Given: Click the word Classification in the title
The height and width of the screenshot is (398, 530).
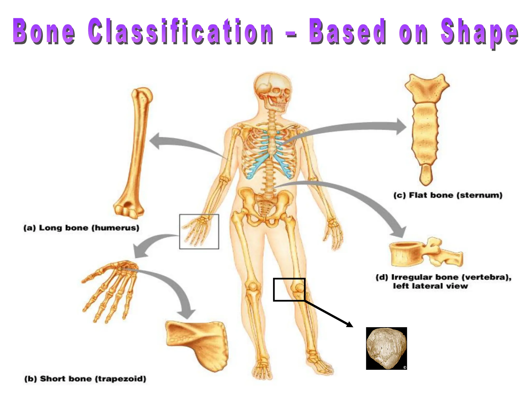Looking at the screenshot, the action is pyautogui.click(x=180, y=31).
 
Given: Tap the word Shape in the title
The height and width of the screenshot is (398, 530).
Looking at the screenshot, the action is pyautogui.click(x=480, y=32).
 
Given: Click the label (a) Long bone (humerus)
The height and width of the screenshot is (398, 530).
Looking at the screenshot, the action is pyautogui.click(x=81, y=228).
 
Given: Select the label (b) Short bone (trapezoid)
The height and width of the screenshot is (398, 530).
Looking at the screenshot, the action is pyautogui.click(x=85, y=379).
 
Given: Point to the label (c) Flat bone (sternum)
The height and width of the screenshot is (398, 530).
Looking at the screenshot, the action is pyautogui.click(x=448, y=195).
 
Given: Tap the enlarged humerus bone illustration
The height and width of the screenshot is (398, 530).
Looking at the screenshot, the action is pyautogui.click(x=135, y=153).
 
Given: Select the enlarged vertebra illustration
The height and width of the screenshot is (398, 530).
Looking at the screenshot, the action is pyautogui.click(x=424, y=254).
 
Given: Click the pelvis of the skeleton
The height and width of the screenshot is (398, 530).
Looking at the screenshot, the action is pyautogui.click(x=264, y=205).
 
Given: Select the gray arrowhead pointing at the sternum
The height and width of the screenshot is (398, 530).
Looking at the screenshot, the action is pyautogui.click(x=401, y=127).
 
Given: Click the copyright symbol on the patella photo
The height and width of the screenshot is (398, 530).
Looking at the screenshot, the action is pyautogui.click(x=404, y=367).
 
